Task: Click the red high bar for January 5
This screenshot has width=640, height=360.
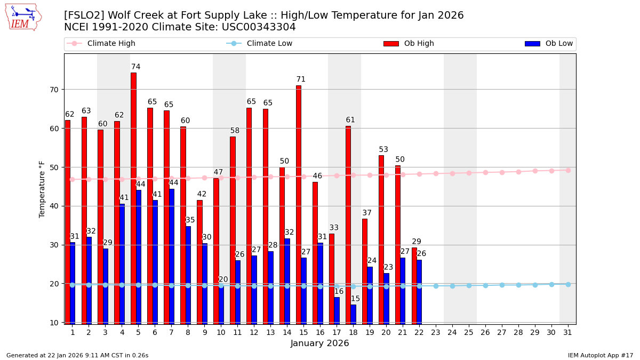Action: (x=133, y=197)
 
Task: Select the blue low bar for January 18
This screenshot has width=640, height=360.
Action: (x=353, y=314)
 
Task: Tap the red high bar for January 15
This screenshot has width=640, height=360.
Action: (x=299, y=203)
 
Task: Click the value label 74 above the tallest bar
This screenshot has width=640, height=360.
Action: (x=136, y=67)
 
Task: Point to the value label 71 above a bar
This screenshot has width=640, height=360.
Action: (x=301, y=79)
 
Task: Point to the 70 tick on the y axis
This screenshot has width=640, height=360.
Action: (x=54, y=90)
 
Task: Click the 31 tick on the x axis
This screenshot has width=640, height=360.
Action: (x=567, y=332)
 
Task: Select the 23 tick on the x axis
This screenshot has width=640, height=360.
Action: (x=436, y=332)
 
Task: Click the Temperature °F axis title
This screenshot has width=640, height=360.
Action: (x=42, y=189)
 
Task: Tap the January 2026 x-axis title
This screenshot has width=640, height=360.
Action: (x=319, y=344)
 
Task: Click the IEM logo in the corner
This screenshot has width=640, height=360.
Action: (x=23, y=17)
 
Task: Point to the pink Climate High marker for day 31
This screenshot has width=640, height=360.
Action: (x=568, y=170)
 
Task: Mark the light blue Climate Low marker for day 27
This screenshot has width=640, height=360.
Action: (x=502, y=285)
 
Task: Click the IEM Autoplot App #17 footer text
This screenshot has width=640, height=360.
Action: (x=600, y=355)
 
